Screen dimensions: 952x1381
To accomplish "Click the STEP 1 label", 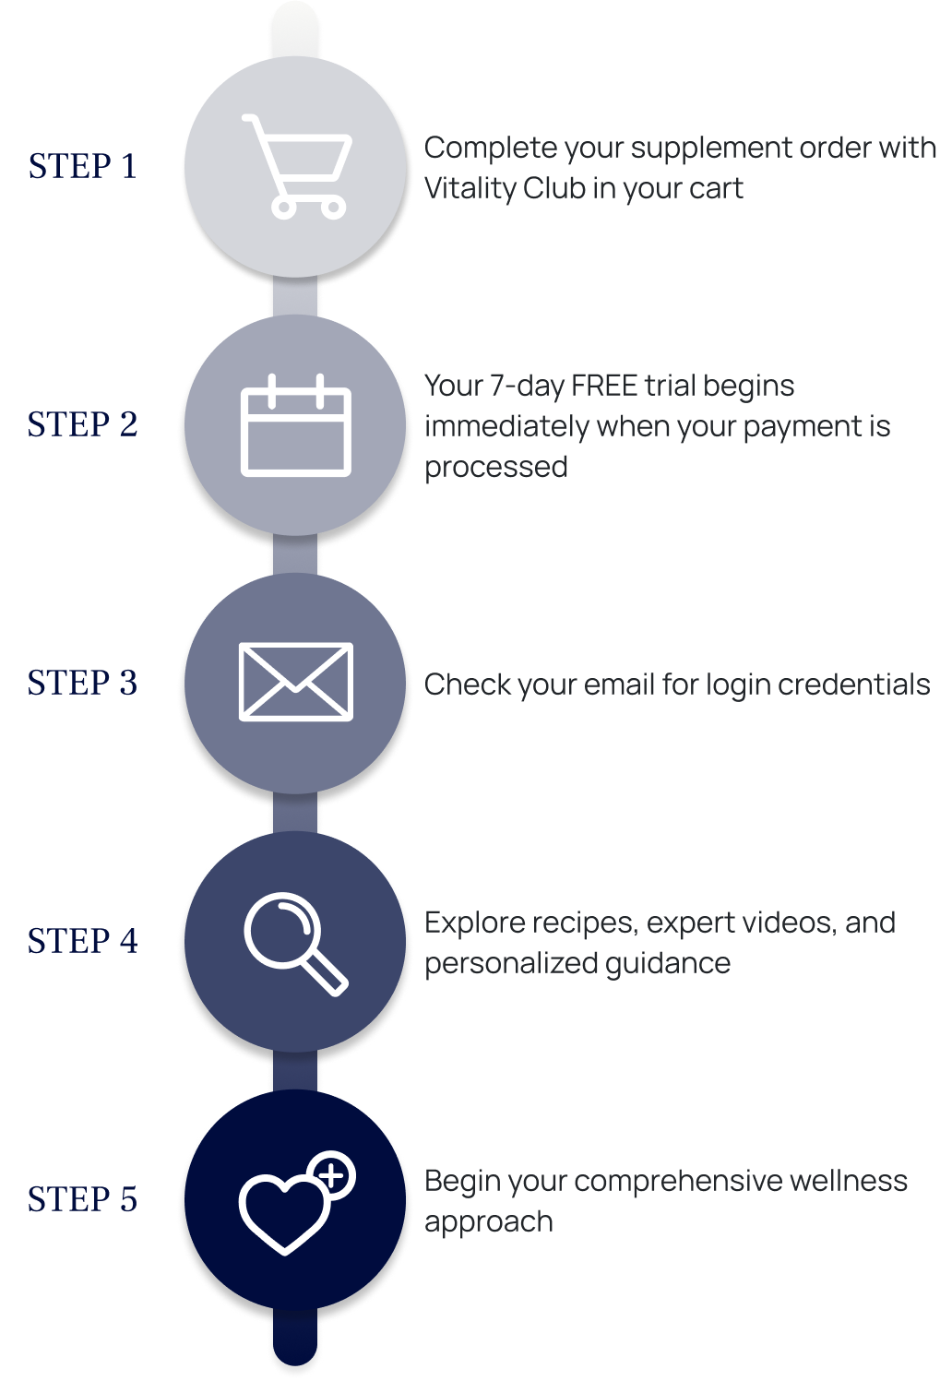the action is coord(82,166).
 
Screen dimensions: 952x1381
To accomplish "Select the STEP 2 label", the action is coord(82,424).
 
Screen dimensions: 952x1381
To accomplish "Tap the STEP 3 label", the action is coord(82,683).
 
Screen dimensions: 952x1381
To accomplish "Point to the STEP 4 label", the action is coord(82,941).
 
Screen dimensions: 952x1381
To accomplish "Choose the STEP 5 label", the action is coord(82,1200).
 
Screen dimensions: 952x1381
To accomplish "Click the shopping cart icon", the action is coord(296,166).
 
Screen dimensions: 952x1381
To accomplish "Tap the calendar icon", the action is coord(296,424).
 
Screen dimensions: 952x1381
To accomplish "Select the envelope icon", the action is coord(296,682).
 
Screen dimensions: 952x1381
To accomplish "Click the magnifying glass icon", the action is coord(296,944).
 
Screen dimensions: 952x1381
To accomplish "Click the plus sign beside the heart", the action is coord(333,1175).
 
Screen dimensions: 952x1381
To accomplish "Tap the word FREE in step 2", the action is coord(604,386).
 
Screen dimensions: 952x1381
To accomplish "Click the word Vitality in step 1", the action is coord(470,189).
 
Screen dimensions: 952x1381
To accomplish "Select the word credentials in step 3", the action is coord(854,685).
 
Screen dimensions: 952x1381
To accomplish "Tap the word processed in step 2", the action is coord(495,468).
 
